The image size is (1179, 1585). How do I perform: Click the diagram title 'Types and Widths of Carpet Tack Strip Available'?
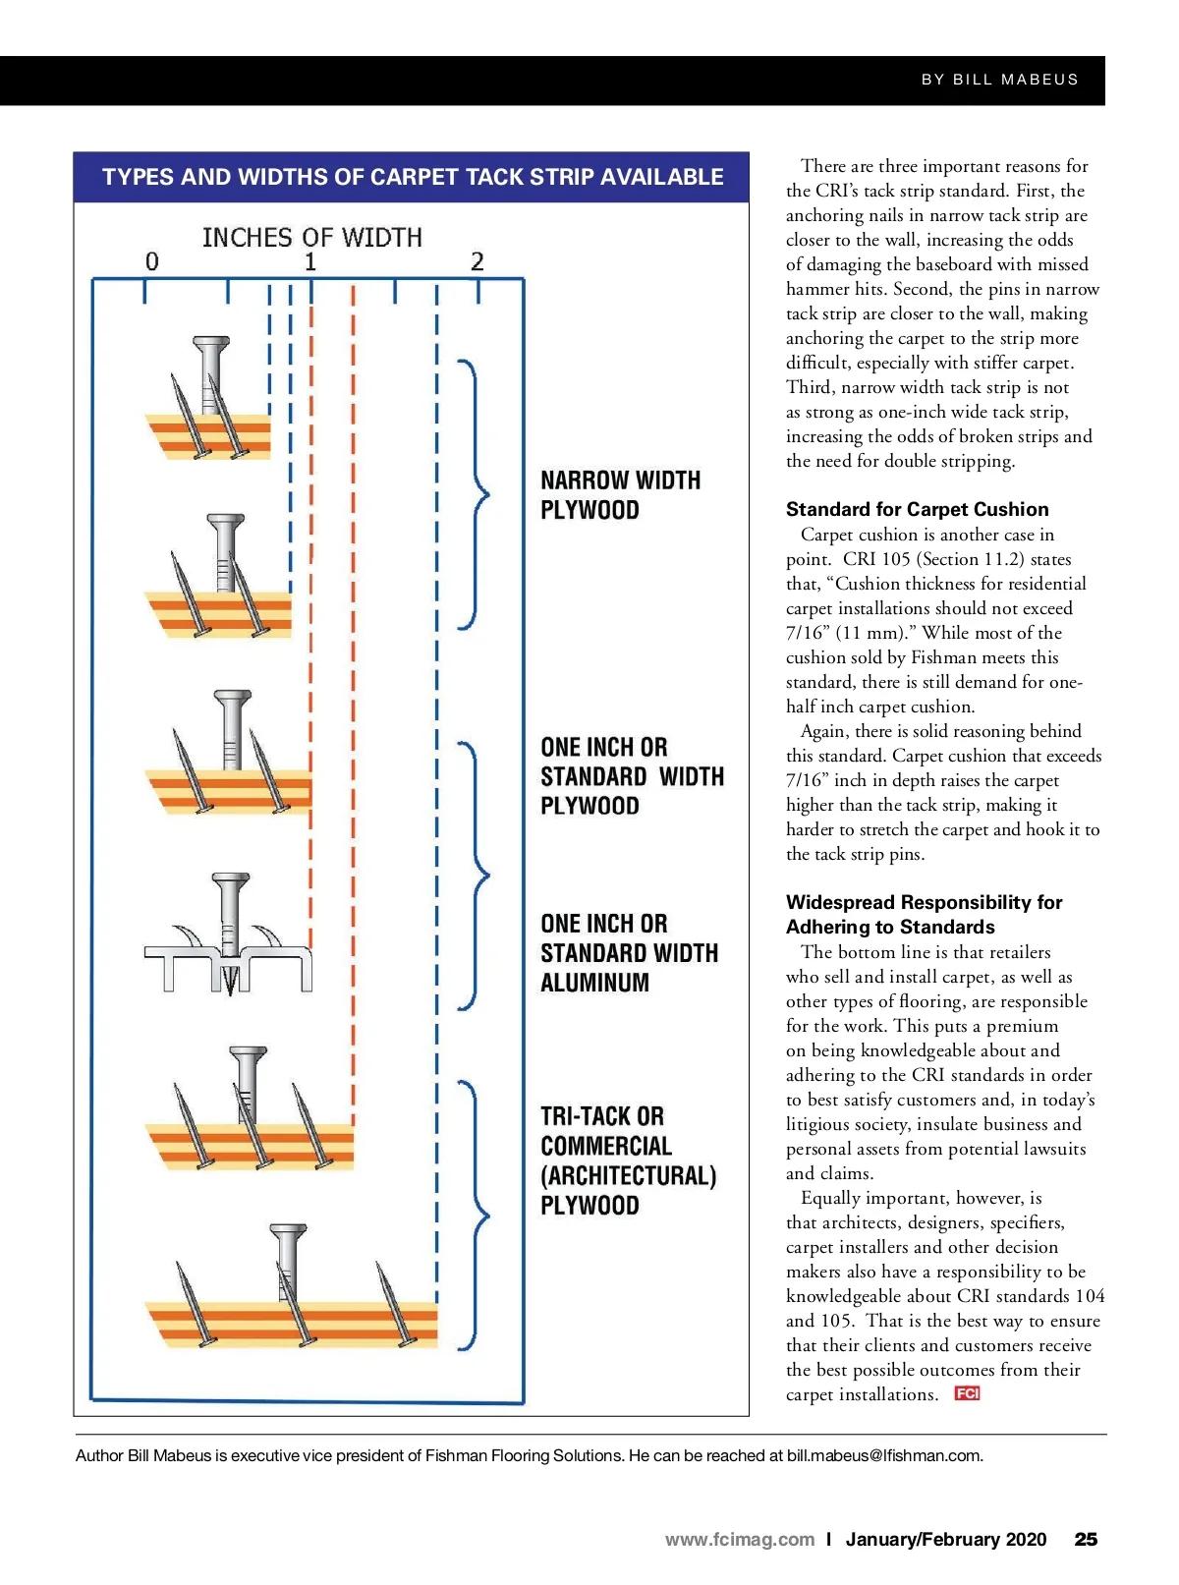click(412, 177)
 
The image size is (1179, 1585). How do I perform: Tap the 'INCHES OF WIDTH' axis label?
click(311, 238)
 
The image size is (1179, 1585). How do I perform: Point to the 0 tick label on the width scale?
click(151, 261)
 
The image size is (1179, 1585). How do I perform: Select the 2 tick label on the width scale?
click(477, 261)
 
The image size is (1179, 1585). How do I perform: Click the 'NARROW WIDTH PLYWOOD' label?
click(620, 495)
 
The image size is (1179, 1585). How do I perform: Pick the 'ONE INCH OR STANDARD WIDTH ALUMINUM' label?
click(629, 953)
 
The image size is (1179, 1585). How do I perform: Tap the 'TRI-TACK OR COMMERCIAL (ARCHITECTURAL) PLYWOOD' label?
click(628, 1160)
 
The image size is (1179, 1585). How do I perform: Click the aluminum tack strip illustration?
click(229, 938)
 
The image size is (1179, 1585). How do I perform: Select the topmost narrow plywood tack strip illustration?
click(208, 403)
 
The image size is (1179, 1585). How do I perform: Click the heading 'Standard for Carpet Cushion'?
click(917, 509)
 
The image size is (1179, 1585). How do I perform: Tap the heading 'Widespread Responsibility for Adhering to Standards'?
click(924, 915)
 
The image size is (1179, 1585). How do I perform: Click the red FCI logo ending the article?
click(967, 1393)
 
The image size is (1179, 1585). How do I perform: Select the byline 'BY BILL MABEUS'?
click(999, 80)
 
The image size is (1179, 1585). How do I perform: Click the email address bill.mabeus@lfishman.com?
click(884, 1455)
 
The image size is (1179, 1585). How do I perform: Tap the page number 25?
click(1086, 1540)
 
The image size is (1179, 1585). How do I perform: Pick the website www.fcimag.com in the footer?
click(739, 1540)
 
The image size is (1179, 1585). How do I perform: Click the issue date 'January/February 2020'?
click(945, 1540)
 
